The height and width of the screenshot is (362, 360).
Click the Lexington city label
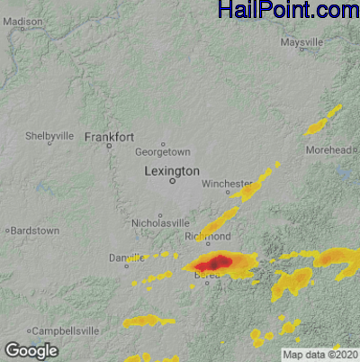coord(172,170)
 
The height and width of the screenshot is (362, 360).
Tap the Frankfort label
coord(109,137)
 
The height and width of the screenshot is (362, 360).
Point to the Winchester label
coord(227,183)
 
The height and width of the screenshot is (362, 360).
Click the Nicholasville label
coord(160,222)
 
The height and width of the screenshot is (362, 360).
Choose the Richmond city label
coord(208,236)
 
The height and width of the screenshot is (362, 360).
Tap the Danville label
coord(126,258)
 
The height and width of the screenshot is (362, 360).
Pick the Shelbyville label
coord(49,136)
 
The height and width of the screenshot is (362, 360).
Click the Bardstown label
coord(34,231)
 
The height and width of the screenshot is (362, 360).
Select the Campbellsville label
coord(62,331)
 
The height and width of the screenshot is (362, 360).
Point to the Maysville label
coord(301,42)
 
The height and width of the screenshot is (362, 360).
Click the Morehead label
coord(328,149)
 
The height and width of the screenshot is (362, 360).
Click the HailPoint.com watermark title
coord(288,10)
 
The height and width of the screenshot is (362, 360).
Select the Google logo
coord(31,349)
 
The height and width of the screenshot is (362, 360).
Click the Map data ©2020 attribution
coord(319,354)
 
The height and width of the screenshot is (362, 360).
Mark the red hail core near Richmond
coord(212,263)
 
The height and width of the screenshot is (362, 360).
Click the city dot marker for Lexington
coord(172,181)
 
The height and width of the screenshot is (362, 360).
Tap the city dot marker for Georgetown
coord(163,144)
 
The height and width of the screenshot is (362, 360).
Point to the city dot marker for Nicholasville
coord(160,214)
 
